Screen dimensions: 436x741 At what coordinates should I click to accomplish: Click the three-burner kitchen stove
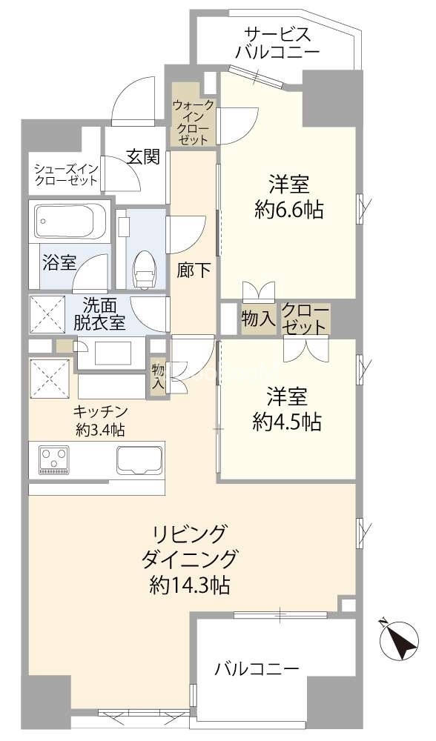[53, 459]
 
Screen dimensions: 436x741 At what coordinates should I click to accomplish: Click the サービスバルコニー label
[277, 42]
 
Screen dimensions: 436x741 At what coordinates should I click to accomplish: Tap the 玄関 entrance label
[142, 157]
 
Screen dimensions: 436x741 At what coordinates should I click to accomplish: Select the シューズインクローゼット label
[66, 174]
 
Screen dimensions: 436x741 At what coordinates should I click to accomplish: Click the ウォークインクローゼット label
[192, 122]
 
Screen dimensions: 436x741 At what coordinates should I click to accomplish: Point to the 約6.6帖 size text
[289, 210]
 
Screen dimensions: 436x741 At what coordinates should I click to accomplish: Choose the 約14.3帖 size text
[190, 586]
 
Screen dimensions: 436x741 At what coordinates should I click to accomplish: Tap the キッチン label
[100, 411]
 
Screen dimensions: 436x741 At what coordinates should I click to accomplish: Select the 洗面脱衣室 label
[99, 313]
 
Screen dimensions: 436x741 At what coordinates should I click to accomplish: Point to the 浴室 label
[59, 263]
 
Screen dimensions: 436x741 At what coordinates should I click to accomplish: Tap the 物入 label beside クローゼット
[258, 319]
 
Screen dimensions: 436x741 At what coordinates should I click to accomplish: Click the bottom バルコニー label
[257, 668]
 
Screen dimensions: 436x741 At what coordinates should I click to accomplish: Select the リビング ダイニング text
[188, 547]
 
